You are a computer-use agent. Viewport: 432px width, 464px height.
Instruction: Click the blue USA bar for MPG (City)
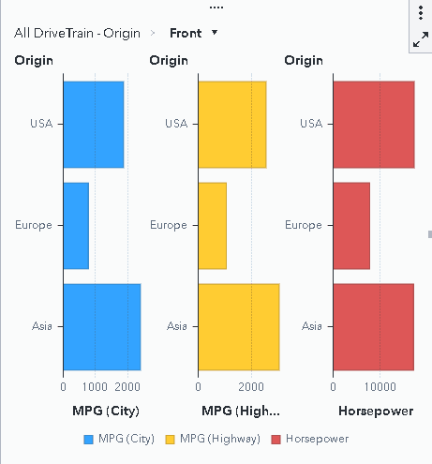pyautogui.click(x=93, y=124)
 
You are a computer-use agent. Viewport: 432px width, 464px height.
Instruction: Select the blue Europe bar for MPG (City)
pyautogui.click(x=76, y=225)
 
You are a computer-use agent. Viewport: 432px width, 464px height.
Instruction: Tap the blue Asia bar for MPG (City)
pyautogui.click(x=101, y=326)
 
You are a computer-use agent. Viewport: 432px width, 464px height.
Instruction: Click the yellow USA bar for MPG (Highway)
pyautogui.click(x=231, y=124)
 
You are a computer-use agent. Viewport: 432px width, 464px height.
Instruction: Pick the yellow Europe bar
pyautogui.click(x=212, y=225)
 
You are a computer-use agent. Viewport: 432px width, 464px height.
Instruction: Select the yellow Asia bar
pyautogui.click(x=238, y=326)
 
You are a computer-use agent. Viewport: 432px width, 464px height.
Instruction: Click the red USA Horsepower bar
pyautogui.click(x=373, y=124)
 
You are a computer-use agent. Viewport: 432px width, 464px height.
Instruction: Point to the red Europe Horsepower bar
pyautogui.click(x=351, y=225)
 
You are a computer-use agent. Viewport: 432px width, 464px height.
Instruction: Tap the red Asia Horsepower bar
pyautogui.click(x=373, y=326)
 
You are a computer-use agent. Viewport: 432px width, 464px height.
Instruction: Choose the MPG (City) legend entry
pyautogui.click(x=119, y=439)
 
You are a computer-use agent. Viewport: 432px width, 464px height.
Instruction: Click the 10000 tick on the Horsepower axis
pyautogui.click(x=380, y=385)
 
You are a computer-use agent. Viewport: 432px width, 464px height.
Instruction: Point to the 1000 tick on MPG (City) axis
pyautogui.click(x=96, y=385)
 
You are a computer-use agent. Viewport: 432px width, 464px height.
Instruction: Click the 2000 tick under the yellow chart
pyautogui.click(x=251, y=385)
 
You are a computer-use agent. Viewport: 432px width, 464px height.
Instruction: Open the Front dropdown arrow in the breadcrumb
pyautogui.click(x=216, y=33)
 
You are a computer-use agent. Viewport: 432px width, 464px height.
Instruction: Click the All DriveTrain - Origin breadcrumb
pyautogui.click(x=77, y=33)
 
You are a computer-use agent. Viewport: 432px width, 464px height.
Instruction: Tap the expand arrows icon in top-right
pyautogui.click(x=420, y=39)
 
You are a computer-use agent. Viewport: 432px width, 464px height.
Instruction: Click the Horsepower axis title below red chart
pyautogui.click(x=375, y=411)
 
